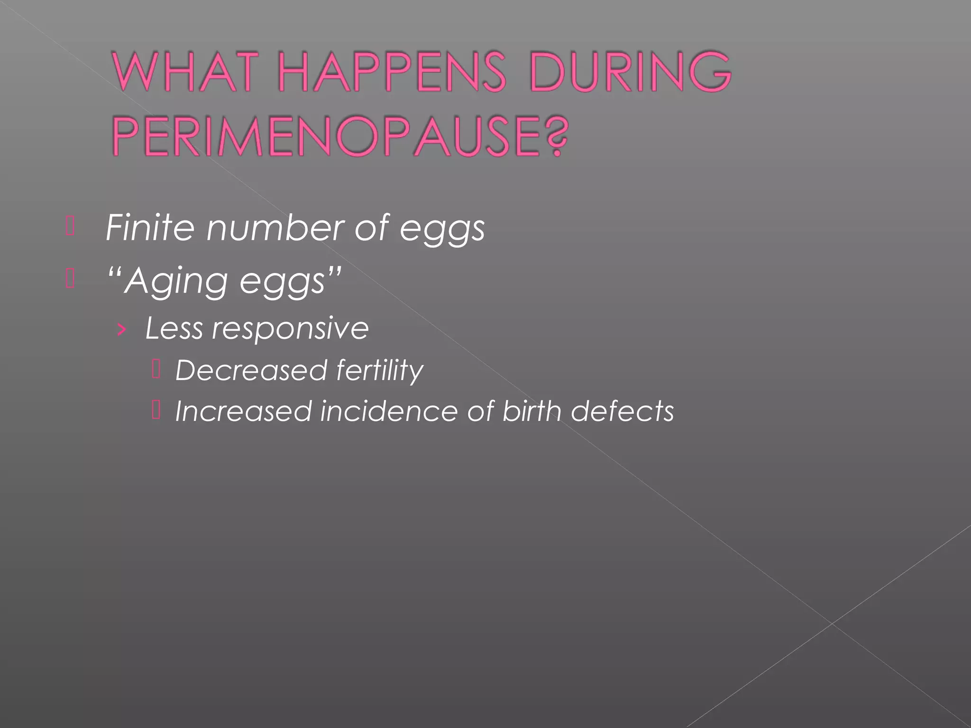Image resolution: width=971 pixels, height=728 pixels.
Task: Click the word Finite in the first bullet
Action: click(150, 228)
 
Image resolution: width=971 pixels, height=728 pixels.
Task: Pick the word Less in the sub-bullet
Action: click(174, 328)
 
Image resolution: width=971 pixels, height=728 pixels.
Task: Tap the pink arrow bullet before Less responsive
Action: click(122, 329)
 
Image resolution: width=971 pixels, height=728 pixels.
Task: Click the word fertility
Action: click(380, 371)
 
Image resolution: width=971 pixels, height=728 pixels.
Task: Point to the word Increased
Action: click(243, 411)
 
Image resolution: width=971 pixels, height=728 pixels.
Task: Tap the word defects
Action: click(622, 411)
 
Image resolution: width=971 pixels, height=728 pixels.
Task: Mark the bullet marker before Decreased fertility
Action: click(156, 370)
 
